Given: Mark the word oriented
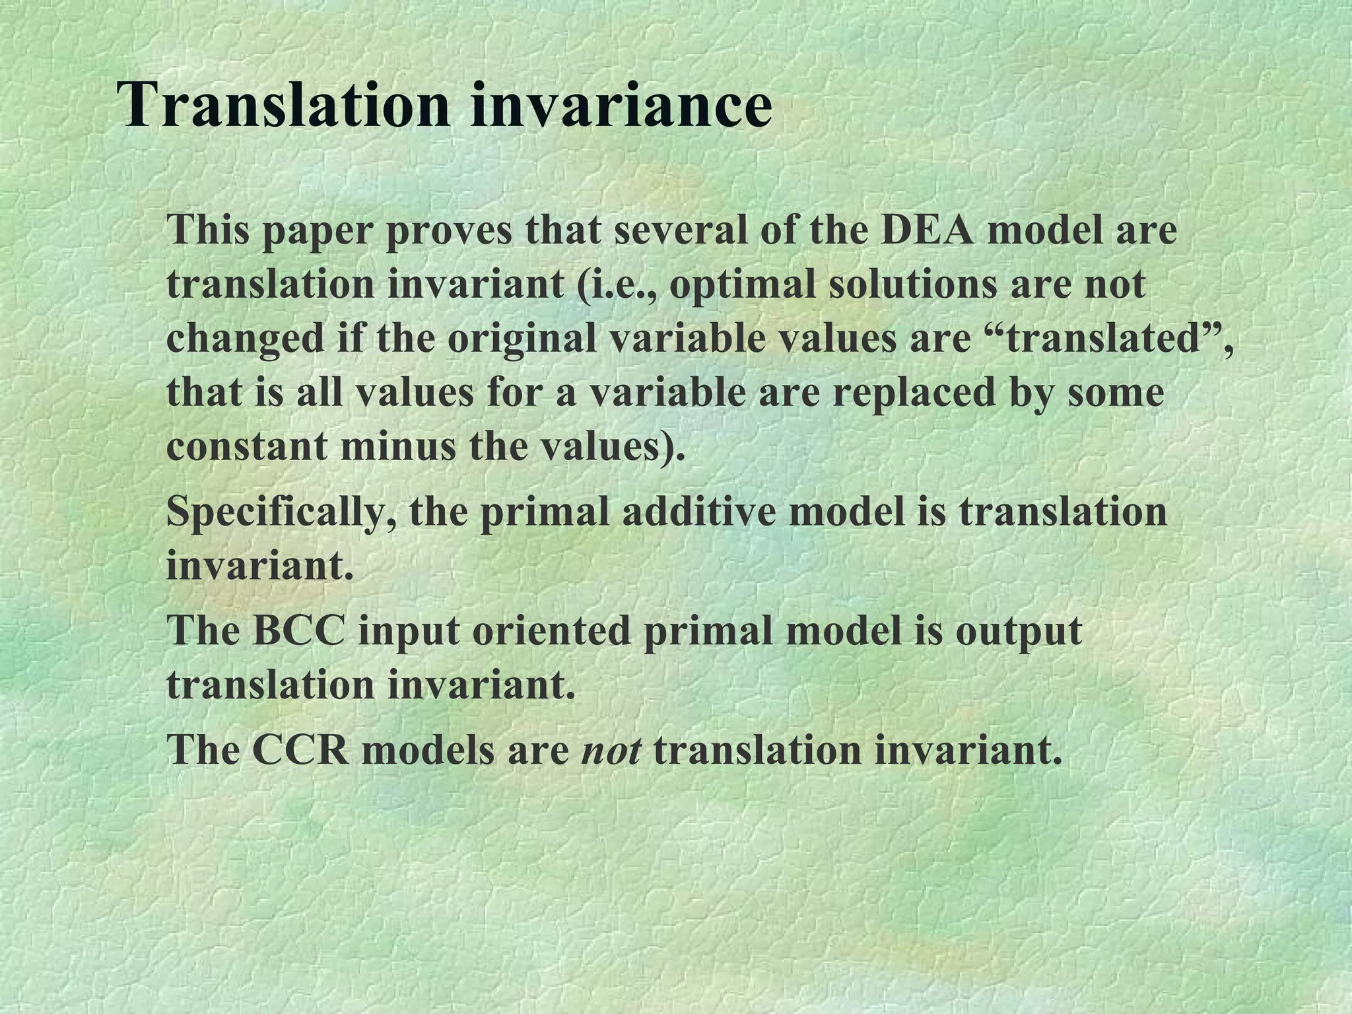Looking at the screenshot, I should tap(551, 630).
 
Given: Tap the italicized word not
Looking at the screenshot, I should tap(611, 751).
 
